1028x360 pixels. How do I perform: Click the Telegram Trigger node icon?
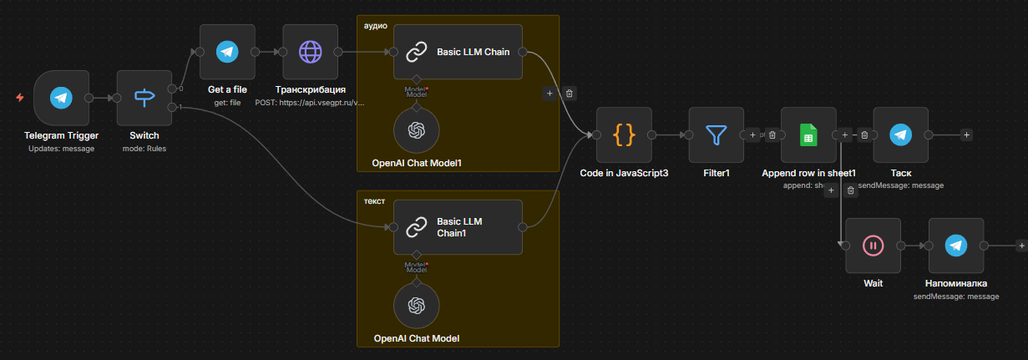(60, 98)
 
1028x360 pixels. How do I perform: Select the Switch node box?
(144, 98)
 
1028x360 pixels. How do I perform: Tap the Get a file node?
(226, 52)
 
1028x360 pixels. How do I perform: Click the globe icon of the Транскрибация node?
(310, 52)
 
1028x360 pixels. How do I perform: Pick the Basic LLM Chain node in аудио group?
(458, 52)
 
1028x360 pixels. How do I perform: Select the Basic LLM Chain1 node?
(458, 227)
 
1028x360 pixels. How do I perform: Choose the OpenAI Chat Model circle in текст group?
(416, 305)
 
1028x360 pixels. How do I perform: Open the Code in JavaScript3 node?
(624, 134)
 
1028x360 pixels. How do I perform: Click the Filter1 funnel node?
(717, 134)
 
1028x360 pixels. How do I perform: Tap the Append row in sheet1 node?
(808, 134)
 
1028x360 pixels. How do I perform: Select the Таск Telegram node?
(900, 134)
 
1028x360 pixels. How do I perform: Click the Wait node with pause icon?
(873, 246)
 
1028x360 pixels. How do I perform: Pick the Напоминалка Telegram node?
(956, 246)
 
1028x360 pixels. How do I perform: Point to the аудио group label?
(376, 26)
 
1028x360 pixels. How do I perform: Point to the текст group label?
(375, 201)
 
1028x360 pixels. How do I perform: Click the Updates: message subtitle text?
(61, 149)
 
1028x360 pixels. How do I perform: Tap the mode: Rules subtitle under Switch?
(144, 149)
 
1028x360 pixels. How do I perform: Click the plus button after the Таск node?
(966, 134)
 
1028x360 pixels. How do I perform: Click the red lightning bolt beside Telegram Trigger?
(20, 98)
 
